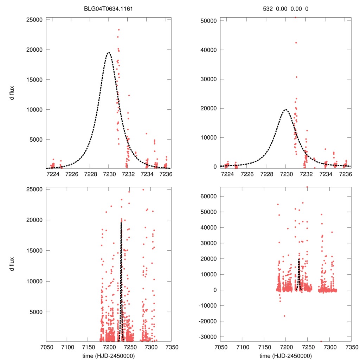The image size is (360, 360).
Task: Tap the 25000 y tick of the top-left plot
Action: (34, 20)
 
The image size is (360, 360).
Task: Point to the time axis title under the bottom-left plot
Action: (109, 355)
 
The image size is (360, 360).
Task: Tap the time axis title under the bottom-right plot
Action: (286, 355)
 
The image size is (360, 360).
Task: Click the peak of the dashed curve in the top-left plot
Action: (109, 52)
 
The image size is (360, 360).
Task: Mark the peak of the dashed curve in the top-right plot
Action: (286, 109)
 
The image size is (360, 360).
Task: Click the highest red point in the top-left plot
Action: (119, 30)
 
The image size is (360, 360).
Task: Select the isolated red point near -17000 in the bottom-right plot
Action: (284, 316)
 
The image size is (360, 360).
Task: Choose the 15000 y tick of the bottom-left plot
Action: (34, 251)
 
